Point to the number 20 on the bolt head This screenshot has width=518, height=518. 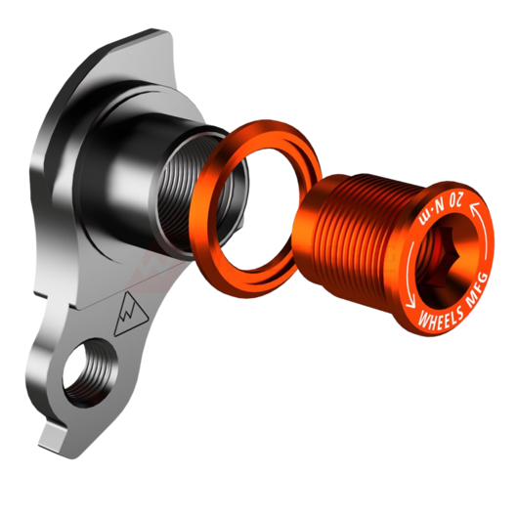click(x=455, y=201)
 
